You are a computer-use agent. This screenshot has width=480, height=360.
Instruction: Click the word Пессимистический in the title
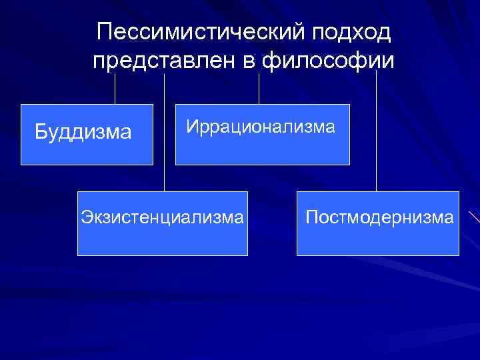(x=191, y=31)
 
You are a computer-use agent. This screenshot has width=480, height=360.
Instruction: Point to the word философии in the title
(x=329, y=61)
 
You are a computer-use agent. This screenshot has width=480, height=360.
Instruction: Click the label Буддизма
(x=83, y=132)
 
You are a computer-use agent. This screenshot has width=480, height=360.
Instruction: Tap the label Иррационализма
(x=261, y=126)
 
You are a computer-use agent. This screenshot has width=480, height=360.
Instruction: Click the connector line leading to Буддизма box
(x=115, y=88)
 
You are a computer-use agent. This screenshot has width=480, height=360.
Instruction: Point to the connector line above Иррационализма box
(x=259, y=88)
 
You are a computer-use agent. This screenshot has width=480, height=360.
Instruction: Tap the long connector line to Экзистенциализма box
(x=164, y=133)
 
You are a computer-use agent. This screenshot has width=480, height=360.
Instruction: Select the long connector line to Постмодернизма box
(x=377, y=133)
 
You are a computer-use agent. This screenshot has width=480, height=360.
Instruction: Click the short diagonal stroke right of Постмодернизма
(x=473, y=217)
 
